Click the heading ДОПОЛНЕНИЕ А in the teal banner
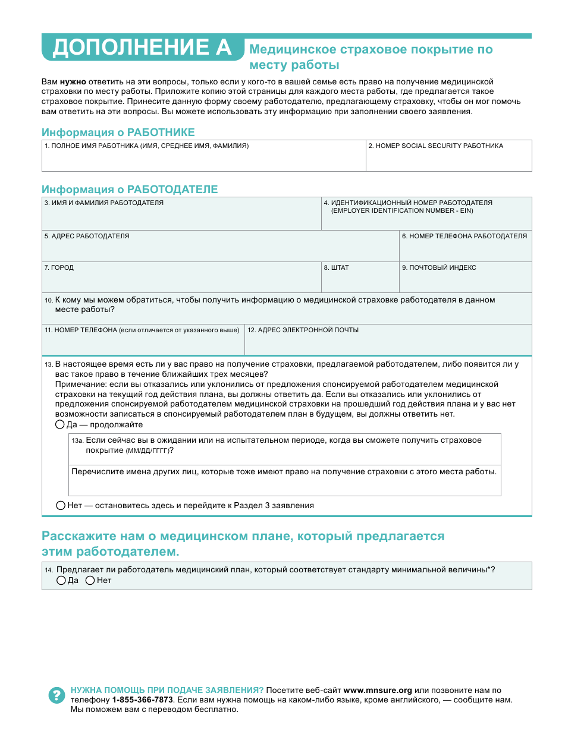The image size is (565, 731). [x=142, y=48]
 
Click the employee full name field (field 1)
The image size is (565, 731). [x=203, y=159]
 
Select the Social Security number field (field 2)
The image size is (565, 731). [x=448, y=159]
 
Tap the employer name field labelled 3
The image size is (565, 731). [x=181, y=218]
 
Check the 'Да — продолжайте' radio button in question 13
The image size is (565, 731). [x=60, y=425]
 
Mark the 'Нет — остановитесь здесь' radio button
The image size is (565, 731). [x=61, y=506]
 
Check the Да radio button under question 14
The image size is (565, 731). [x=61, y=581]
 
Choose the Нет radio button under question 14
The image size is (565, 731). [x=90, y=581]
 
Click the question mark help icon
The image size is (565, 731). [x=56, y=695]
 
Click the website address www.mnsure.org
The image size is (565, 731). [x=378, y=691]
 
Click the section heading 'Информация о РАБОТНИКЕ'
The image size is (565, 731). [x=118, y=133]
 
